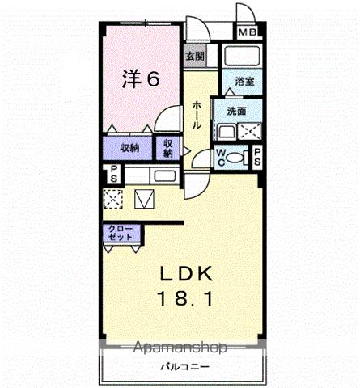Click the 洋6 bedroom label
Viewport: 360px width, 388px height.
(140, 79)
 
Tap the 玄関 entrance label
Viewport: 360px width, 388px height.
(195, 57)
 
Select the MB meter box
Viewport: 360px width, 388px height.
(247, 34)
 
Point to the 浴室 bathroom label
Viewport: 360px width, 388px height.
(244, 82)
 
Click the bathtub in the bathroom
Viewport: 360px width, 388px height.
(242, 57)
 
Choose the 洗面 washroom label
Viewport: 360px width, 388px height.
(236, 111)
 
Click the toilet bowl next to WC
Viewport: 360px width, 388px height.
(237, 158)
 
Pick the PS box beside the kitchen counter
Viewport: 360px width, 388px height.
(114, 175)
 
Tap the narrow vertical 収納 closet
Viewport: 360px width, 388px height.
(168, 148)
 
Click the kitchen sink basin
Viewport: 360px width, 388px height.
(164, 175)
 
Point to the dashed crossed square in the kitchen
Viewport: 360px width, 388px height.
(113, 198)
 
